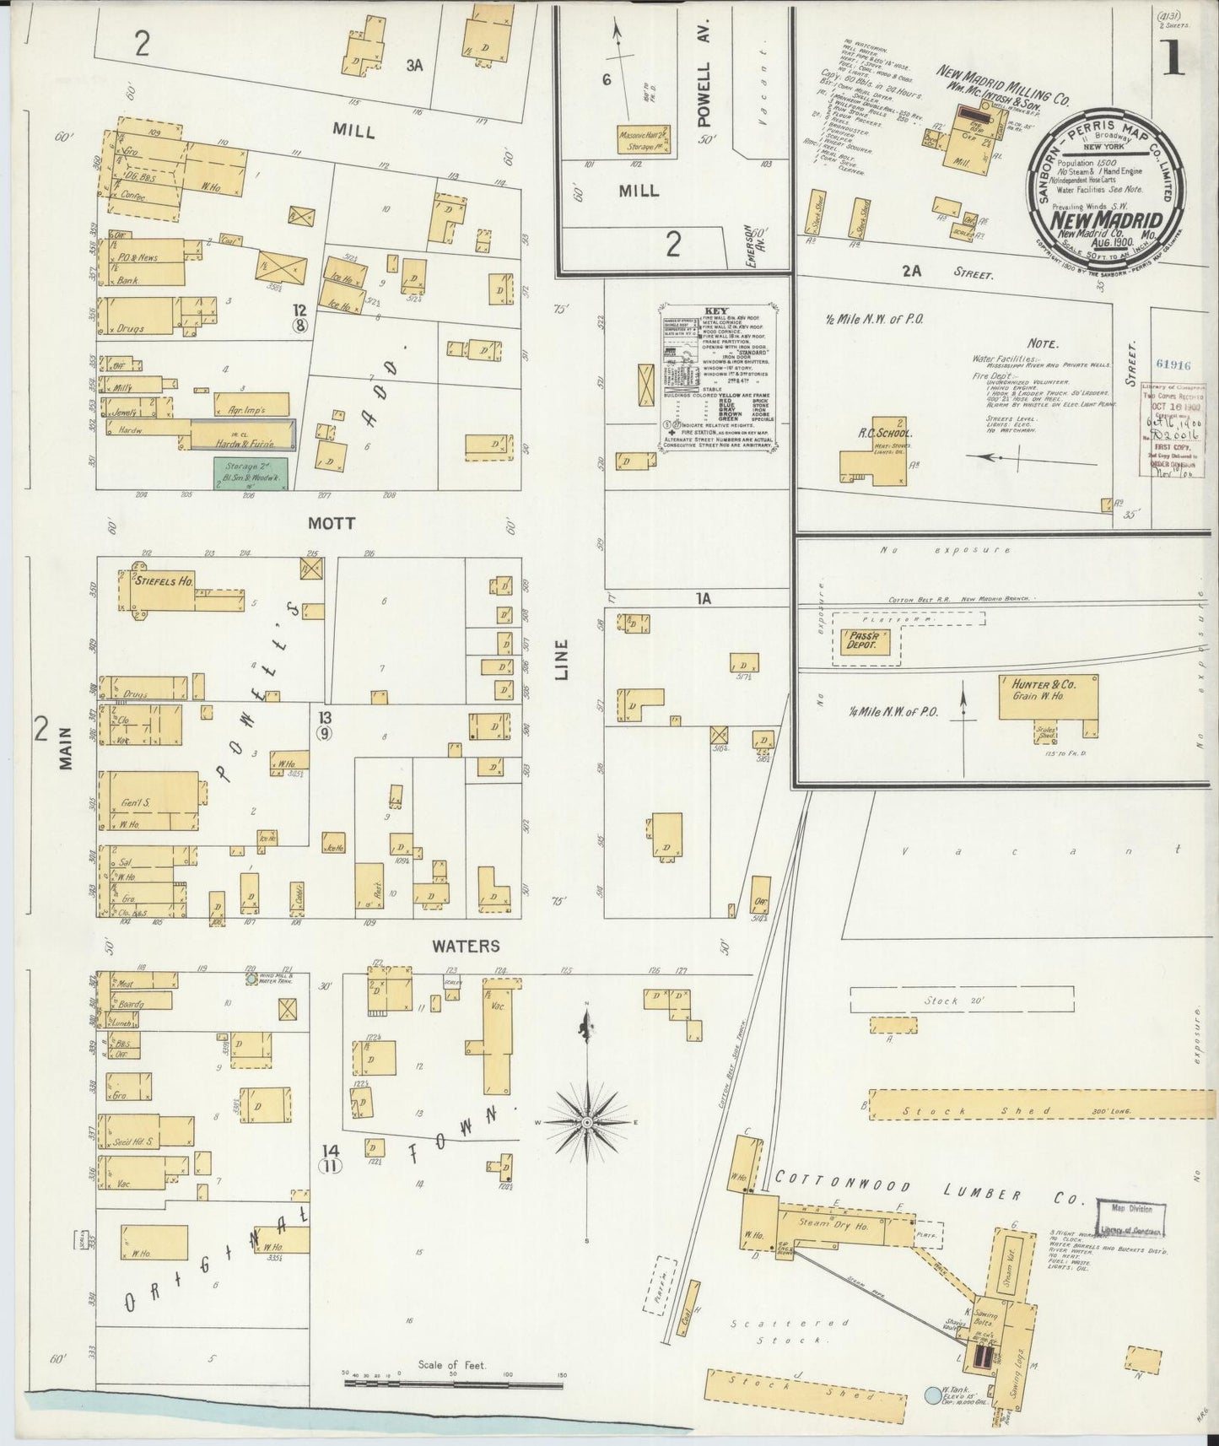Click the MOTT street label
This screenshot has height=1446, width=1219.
(331, 524)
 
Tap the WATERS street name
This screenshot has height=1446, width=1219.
(466, 947)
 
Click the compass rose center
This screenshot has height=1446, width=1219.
(587, 1122)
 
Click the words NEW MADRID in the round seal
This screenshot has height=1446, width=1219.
(1106, 221)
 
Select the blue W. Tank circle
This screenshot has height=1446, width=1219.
(933, 1395)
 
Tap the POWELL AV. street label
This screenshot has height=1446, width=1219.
(707, 93)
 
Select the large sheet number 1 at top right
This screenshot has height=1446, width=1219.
(1173, 59)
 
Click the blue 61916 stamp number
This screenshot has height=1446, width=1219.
(1174, 365)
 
